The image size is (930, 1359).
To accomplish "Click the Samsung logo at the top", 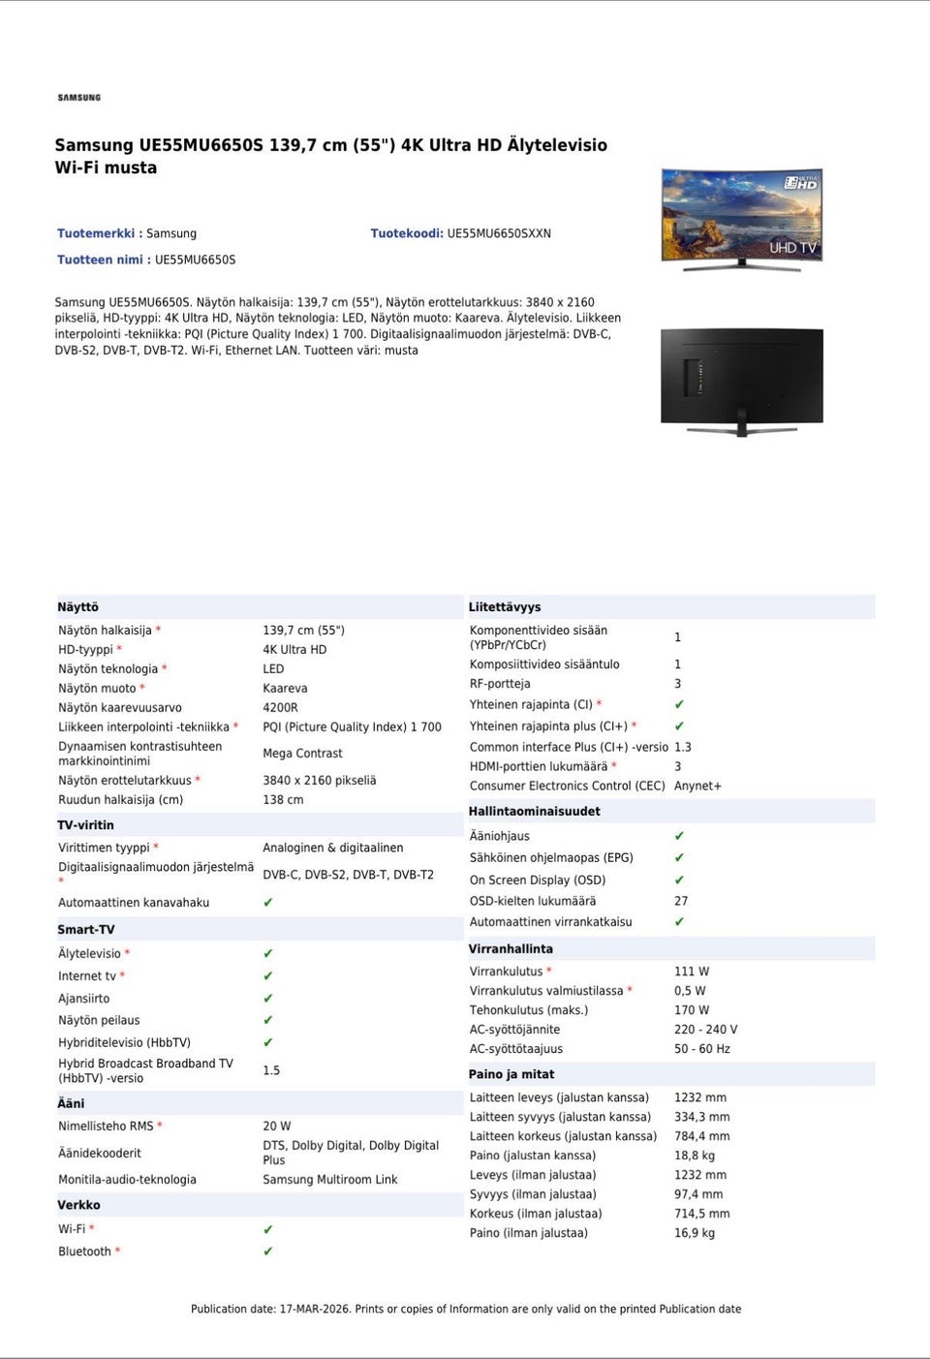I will point(78,98).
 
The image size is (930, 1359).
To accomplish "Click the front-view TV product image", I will point(741,217).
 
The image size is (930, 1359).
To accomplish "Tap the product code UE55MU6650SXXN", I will point(498,233).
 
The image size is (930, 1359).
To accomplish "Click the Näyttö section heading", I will point(78,607).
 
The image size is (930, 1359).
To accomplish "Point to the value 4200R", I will point(280,708).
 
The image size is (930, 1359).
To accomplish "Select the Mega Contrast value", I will point(302,754).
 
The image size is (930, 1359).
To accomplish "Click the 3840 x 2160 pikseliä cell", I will point(319,781).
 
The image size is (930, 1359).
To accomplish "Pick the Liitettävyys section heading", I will point(504,607).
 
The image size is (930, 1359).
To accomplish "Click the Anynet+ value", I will point(697,787).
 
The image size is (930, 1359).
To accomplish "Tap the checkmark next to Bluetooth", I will point(268,1251).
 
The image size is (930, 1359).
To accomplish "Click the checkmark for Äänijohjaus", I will point(679,836).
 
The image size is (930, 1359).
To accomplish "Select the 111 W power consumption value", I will point(691,972).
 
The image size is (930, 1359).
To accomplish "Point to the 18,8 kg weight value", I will point(694,1156).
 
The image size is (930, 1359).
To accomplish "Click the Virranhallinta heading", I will point(511,949).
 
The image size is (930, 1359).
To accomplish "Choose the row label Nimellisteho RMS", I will point(106,1127).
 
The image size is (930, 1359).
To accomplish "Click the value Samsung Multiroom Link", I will point(329,1180).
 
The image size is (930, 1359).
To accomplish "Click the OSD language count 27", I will point(681,902).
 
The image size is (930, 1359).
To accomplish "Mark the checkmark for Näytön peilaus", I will point(268,1021).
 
